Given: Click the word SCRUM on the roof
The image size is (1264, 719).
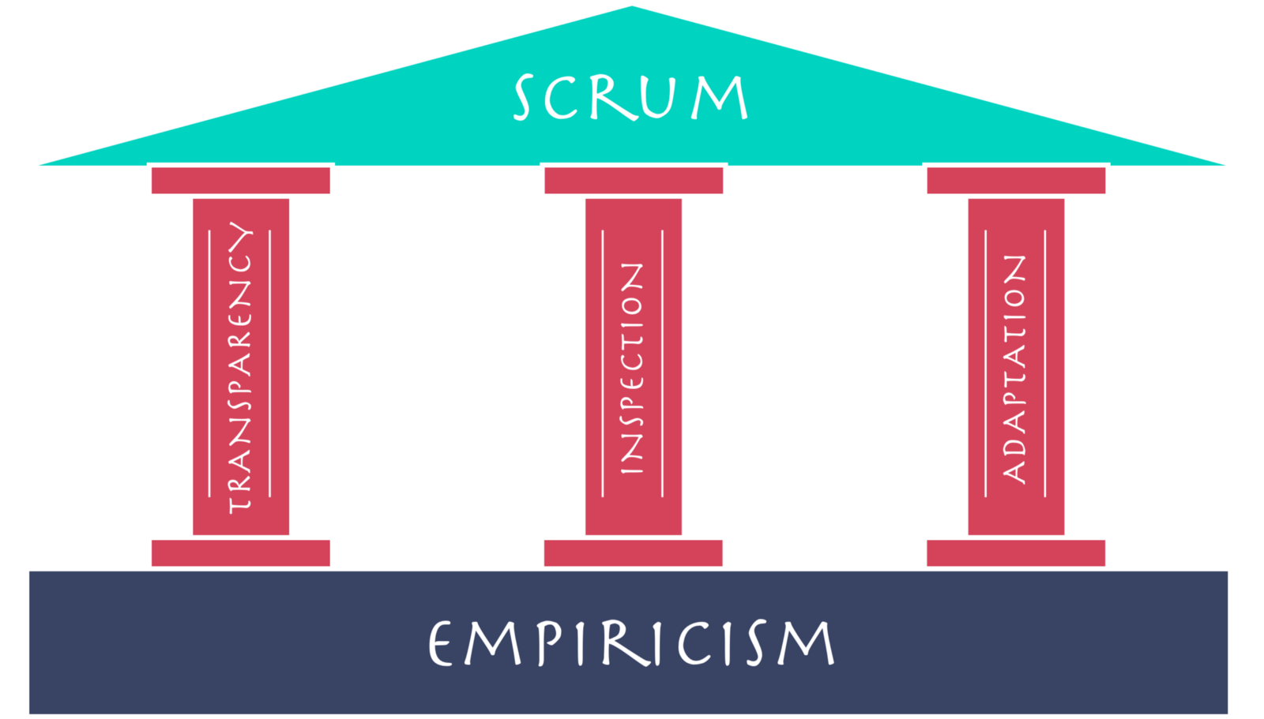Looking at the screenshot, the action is (631, 97).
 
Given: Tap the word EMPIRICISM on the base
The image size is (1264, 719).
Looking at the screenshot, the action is (631, 643).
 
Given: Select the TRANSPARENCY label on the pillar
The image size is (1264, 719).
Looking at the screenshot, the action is (240, 368).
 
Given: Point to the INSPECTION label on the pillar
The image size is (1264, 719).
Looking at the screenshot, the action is (632, 369).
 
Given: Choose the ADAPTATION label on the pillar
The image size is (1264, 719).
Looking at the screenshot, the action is (1014, 369).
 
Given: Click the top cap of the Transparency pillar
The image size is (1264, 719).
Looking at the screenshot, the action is (241, 181).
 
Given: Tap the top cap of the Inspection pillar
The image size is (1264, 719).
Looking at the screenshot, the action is (634, 181).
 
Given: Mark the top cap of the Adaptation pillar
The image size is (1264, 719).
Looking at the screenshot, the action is (1016, 181).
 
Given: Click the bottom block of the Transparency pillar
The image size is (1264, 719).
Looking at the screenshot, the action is (241, 553).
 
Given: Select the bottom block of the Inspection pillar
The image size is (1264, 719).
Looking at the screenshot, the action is (633, 553).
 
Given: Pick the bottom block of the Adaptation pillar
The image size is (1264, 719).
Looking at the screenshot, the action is (1016, 553).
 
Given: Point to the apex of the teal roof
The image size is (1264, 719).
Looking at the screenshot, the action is (631, 6).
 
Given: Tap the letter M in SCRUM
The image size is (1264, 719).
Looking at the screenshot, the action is (720, 98).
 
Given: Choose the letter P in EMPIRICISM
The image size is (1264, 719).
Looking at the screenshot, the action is (550, 643).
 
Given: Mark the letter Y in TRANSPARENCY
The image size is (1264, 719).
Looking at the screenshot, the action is (240, 235).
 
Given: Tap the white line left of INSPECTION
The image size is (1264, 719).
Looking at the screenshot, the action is (603, 364).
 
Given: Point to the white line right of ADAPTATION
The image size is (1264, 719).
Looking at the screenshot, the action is (1045, 364).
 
